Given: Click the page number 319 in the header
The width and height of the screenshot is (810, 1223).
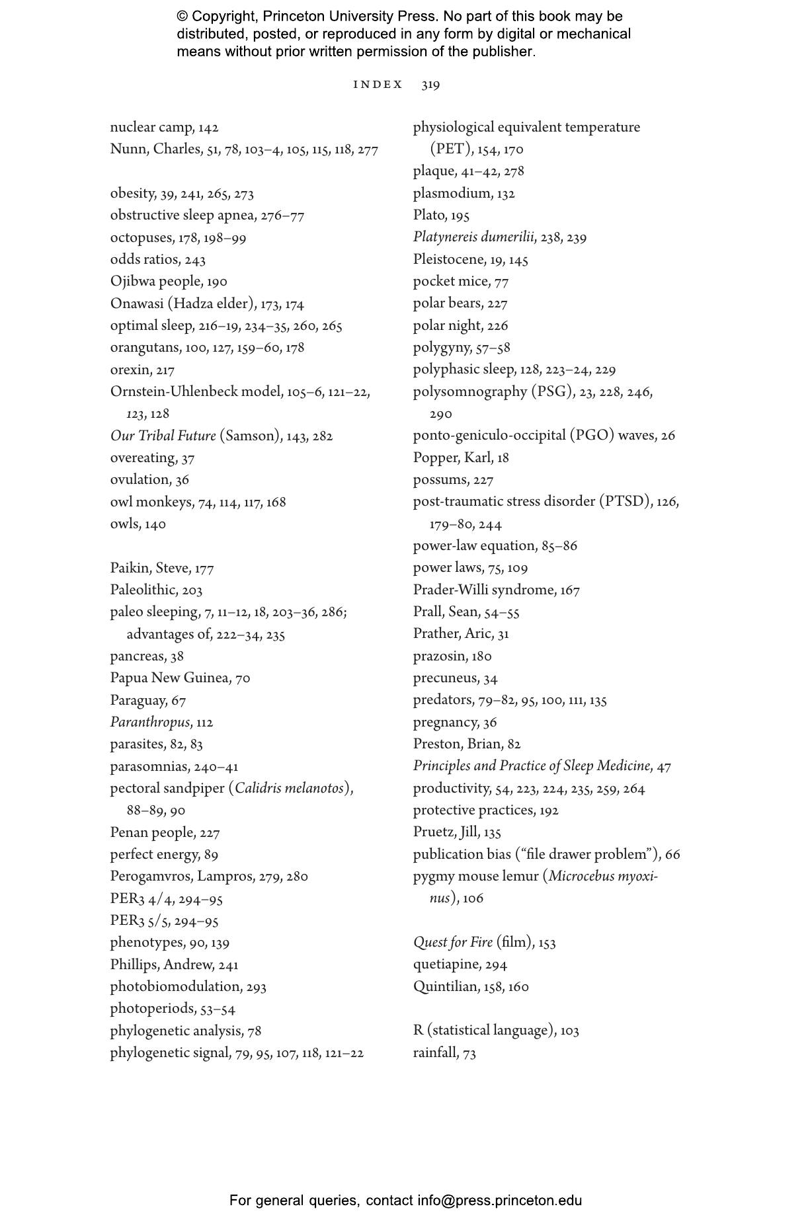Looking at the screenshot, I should tap(430, 85).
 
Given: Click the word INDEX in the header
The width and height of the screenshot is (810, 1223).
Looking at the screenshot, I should tap(378, 85).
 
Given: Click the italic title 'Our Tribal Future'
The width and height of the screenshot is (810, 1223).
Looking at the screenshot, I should tap(163, 436).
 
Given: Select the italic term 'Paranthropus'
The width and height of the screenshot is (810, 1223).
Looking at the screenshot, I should tap(150, 723).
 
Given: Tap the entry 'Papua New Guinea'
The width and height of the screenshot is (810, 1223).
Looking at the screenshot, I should tap(169, 678).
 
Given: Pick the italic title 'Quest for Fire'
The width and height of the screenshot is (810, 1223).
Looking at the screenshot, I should tap(453, 943).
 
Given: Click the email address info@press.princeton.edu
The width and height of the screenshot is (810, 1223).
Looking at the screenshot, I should tap(499, 1201).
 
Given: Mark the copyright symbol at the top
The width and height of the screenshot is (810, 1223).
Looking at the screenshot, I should tap(182, 17).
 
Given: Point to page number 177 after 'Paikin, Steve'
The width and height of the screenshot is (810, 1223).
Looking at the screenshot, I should tap(204, 569).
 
